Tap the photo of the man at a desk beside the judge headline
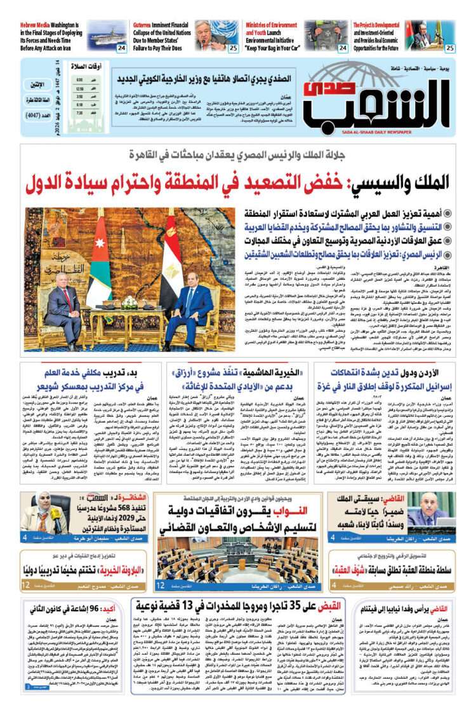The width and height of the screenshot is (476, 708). click(432, 509)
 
